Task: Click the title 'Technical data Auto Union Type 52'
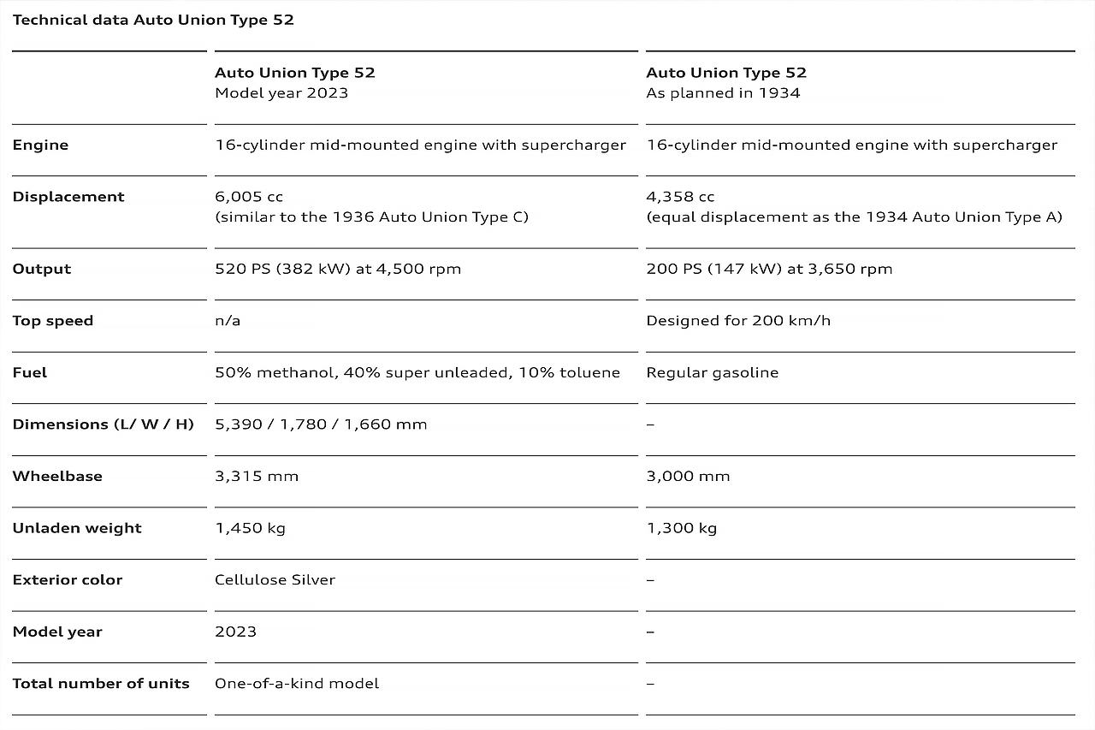[153, 20]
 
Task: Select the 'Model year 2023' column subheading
[281, 93]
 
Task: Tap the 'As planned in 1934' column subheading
[723, 93]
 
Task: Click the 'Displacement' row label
[68, 197]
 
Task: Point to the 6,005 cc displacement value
[249, 197]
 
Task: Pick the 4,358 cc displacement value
[680, 197]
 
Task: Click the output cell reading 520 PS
[338, 269]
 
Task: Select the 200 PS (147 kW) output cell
[769, 269]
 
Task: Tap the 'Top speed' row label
[53, 321]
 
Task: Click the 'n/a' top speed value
[228, 321]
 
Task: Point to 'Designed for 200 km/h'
[738, 321]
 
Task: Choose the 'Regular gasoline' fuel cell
[713, 372]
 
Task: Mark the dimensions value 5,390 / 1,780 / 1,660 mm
[321, 424]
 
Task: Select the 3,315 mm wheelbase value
[257, 476]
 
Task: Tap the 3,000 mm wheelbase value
[688, 476]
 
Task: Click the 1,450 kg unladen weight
[250, 528]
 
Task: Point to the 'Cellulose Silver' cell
[275, 579]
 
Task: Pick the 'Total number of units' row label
[101, 683]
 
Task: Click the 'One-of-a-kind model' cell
[297, 683]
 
